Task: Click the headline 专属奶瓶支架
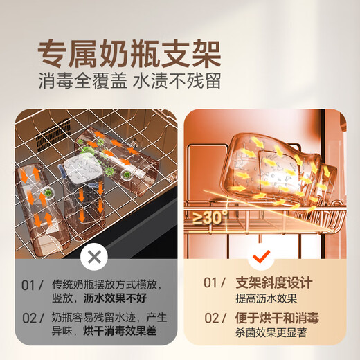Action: tap(129, 54)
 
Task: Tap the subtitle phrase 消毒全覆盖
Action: tap(82, 81)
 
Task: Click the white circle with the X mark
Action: tap(94, 257)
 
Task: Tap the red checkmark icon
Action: tap(261, 257)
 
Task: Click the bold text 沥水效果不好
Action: tap(115, 298)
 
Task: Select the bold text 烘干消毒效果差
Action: tap(120, 330)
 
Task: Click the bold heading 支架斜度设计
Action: tap(274, 282)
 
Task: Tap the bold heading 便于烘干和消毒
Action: tap(277, 318)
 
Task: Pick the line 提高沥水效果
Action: tap(266, 298)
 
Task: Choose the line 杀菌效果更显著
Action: tap(271, 333)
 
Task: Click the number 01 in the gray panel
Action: tap(28, 285)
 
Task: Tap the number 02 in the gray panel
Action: tap(29, 318)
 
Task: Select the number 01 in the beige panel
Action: tap(210, 282)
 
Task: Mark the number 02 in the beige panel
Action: tap(211, 318)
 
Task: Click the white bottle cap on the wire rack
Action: tap(82, 168)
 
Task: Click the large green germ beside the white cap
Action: tap(87, 152)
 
